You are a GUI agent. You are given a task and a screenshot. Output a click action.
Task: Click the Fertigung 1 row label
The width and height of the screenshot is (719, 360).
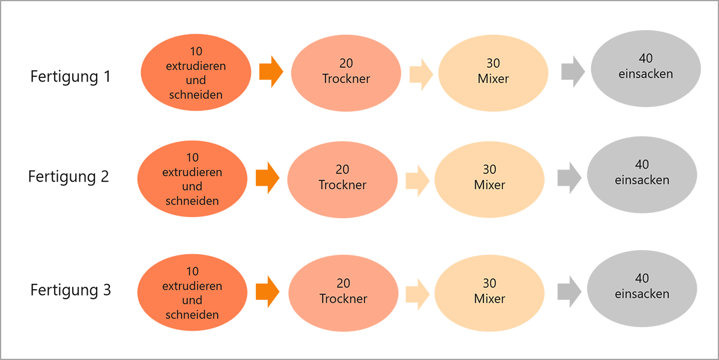click(71, 76)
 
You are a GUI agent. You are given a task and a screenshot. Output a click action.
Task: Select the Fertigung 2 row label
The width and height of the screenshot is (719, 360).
click(69, 177)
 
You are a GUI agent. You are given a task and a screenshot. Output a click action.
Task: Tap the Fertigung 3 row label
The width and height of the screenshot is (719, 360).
click(71, 290)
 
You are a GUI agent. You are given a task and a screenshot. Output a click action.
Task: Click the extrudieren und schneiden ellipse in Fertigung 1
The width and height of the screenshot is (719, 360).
click(196, 73)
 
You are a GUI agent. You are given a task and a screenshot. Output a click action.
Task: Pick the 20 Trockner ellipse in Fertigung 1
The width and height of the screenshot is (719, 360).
click(346, 73)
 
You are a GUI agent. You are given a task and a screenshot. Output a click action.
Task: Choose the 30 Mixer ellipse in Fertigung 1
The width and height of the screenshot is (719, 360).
click(493, 73)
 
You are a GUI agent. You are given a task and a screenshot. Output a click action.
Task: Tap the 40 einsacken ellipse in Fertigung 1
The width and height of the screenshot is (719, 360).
click(646, 69)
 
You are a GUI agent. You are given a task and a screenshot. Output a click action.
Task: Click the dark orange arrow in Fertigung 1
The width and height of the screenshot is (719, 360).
click(271, 72)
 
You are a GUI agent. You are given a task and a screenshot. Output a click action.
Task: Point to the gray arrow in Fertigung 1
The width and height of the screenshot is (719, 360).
click(572, 72)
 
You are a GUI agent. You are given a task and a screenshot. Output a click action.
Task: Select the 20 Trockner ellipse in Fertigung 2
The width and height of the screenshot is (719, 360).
click(342, 179)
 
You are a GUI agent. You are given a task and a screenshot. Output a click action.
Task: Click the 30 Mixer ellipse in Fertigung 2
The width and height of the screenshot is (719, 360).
click(490, 179)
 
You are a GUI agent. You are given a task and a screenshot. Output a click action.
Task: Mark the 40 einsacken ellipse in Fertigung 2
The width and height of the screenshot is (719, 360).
click(642, 175)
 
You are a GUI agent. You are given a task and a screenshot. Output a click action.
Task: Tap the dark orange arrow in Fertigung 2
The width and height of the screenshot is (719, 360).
click(267, 178)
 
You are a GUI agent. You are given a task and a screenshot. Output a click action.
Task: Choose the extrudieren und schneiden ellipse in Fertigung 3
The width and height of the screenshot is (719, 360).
click(192, 293)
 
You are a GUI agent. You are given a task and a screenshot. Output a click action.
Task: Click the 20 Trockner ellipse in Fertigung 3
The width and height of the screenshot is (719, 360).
click(343, 293)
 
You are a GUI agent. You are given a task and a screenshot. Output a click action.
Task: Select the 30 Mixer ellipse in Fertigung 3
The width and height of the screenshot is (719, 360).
click(490, 293)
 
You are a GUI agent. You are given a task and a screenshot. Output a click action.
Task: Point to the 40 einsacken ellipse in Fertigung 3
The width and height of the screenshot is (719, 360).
click(642, 288)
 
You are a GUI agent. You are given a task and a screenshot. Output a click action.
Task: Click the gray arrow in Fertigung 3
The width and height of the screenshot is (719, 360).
click(569, 291)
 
